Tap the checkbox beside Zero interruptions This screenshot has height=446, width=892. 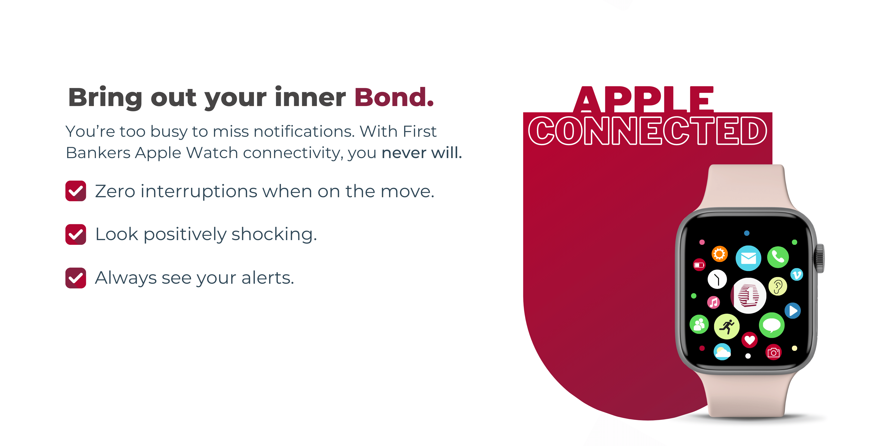pyautogui.click(x=76, y=191)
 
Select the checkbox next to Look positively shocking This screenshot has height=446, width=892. pyautogui.click(x=76, y=234)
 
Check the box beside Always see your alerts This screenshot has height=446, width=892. pyautogui.click(x=76, y=278)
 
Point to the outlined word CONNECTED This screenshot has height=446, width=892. pyautogui.click(x=647, y=131)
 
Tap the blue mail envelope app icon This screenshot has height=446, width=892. pyautogui.click(x=748, y=258)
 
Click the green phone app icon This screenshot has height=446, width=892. pyautogui.click(x=778, y=257)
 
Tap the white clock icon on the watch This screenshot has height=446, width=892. pyautogui.click(x=717, y=279)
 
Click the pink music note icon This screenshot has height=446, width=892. pyautogui.click(x=713, y=303)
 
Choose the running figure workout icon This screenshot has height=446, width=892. pyautogui.click(x=726, y=327)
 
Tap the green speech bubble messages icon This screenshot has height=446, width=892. pyautogui.click(x=772, y=325)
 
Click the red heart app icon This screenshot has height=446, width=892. pyautogui.click(x=749, y=340)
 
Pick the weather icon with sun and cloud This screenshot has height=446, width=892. pyautogui.click(x=722, y=352)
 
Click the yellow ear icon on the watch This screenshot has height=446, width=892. pyautogui.click(x=777, y=286)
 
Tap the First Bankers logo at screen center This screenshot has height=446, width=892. pyautogui.click(x=748, y=296)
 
